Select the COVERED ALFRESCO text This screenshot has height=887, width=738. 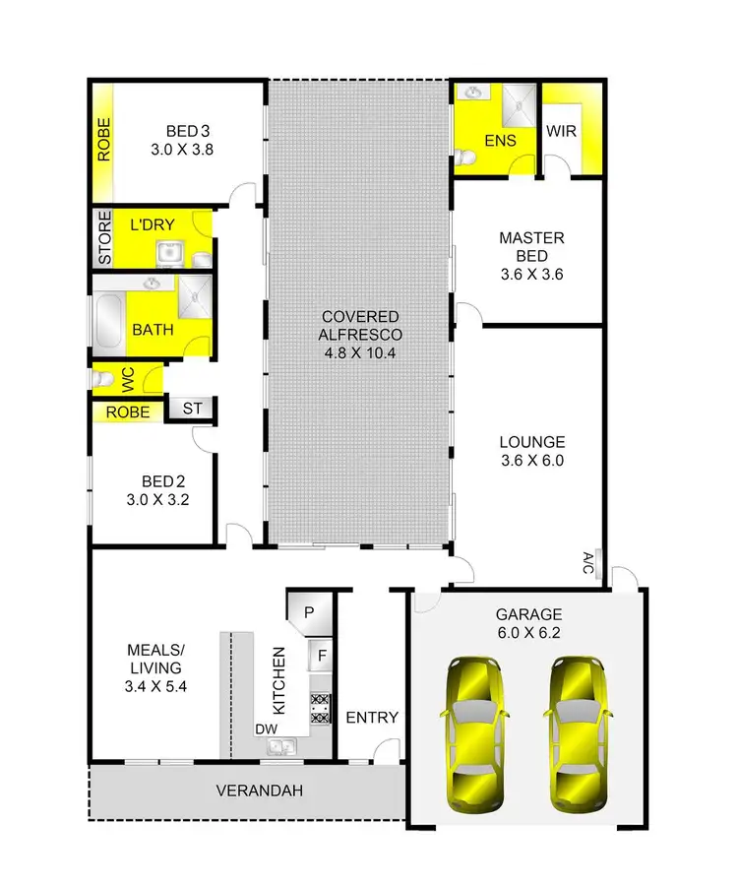click(x=359, y=325)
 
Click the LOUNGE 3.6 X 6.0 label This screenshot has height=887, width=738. click(x=531, y=451)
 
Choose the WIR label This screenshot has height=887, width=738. click(x=561, y=132)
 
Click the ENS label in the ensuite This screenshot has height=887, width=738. click(x=500, y=141)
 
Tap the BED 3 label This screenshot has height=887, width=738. click(x=188, y=141)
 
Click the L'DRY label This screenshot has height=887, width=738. click(x=152, y=225)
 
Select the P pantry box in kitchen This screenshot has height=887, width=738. click(x=308, y=612)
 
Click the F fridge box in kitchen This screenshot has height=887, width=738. click(x=320, y=654)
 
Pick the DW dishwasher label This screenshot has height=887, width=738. click(x=265, y=729)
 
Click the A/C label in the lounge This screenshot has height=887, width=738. click(x=587, y=564)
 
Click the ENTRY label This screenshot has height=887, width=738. click(x=372, y=718)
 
